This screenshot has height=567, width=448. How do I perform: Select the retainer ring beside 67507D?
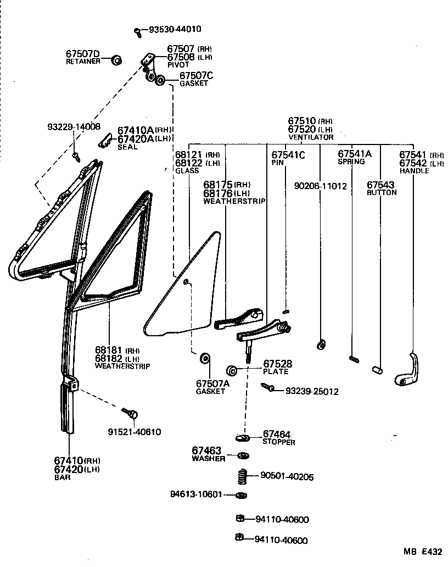click(116, 60)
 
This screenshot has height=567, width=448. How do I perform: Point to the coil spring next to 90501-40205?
click(241, 476)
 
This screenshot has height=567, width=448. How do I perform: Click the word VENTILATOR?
click(311, 137)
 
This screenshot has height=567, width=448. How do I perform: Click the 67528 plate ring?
click(231, 369)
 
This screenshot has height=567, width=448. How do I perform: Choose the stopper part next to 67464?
click(242, 438)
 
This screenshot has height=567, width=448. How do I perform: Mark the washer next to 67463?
click(241, 455)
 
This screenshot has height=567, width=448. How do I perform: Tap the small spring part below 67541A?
click(354, 359)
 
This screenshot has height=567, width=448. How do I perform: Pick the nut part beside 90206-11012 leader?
click(321, 345)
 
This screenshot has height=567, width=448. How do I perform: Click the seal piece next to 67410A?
click(105, 142)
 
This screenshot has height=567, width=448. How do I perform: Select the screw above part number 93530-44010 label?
click(138, 32)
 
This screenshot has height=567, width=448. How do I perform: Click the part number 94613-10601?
click(196, 494)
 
